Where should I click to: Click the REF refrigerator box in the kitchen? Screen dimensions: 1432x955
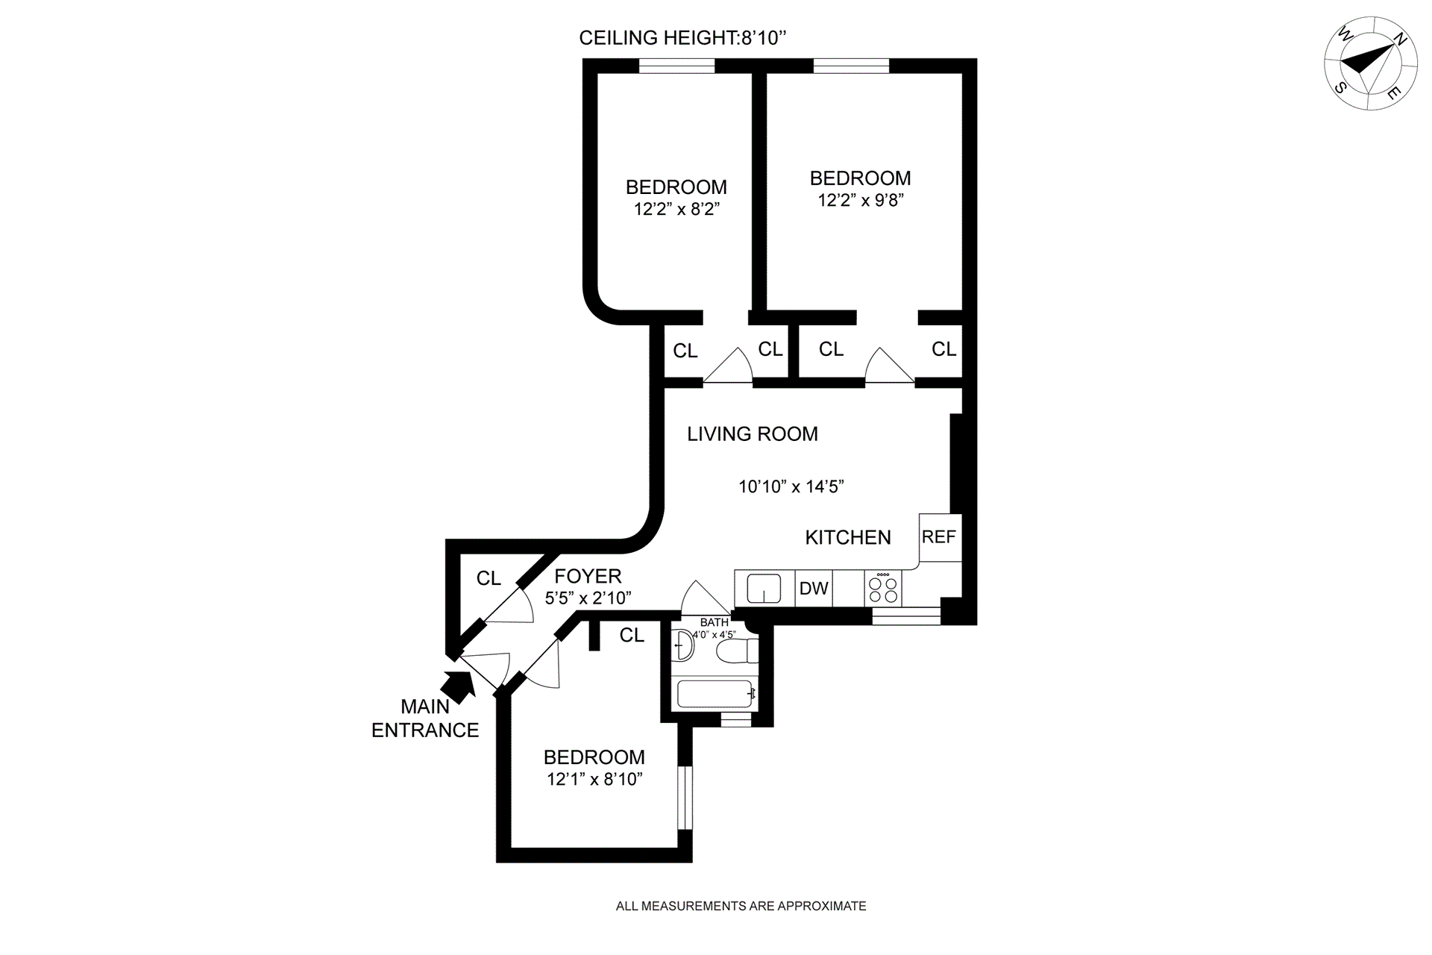click(940, 537)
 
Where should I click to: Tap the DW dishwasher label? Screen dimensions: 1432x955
click(814, 589)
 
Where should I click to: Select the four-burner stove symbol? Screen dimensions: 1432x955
click(884, 589)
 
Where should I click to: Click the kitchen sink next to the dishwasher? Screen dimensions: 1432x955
click(764, 589)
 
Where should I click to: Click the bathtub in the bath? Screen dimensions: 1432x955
click(716, 695)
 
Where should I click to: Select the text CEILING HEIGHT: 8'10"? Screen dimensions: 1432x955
click(683, 38)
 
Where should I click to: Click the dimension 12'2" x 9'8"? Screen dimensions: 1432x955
click(861, 200)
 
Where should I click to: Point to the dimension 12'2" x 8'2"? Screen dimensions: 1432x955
click(676, 209)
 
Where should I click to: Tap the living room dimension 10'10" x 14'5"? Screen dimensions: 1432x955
click(791, 487)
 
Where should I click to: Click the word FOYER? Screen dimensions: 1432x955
click(588, 576)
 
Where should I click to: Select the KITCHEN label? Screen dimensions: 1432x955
click(848, 538)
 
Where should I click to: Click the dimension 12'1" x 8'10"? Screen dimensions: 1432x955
click(594, 780)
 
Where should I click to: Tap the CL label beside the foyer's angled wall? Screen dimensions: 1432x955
click(489, 579)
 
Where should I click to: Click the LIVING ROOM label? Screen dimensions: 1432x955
click(753, 434)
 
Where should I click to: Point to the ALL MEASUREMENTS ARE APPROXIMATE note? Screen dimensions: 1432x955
click(741, 907)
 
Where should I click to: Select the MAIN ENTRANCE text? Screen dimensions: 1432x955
click(425, 718)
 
